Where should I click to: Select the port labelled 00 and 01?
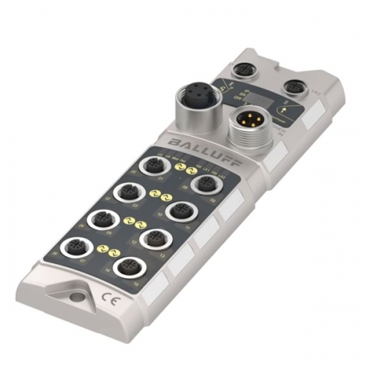click(154, 168)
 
